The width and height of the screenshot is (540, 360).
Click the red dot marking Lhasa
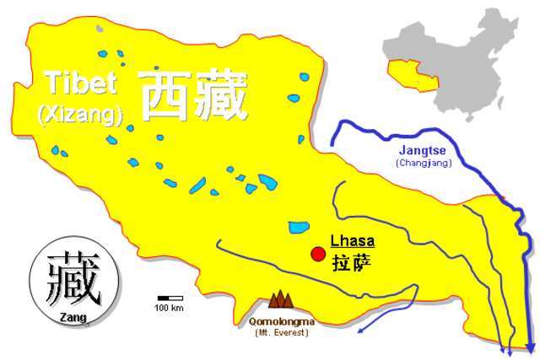coord(318,254)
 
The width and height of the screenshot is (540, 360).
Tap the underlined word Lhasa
coord(353,240)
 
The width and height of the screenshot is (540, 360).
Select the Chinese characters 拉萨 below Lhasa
coord(351,261)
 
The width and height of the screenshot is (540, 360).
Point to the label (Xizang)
coord(80,113)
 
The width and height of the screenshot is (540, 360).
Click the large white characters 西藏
coord(194,95)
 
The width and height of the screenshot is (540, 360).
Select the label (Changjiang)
coord(424,163)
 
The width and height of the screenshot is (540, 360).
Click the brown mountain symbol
coord(281,299)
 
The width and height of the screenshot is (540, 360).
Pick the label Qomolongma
coord(282,320)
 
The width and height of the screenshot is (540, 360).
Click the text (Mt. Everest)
coord(282,333)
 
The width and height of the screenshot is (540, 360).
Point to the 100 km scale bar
coord(170,298)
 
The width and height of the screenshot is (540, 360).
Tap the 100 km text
coord(170,308)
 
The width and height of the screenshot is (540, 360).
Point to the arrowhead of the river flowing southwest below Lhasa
coord(360,330)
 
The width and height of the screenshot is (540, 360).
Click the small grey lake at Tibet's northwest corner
coord(100,29)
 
